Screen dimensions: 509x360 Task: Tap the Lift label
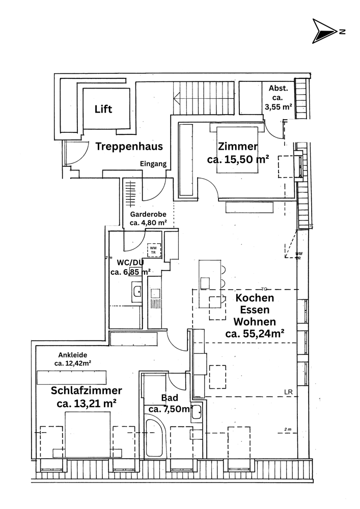coord(103,109)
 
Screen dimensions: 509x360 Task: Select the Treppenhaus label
coord(129,147)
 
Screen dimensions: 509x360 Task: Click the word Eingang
coord(153,164)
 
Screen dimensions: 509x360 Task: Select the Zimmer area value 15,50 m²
coord(238,159)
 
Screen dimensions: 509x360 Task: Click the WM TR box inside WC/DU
coord(153,250)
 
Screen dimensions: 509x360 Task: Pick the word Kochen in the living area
coord(254,298)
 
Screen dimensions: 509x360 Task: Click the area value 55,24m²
coord(254,334)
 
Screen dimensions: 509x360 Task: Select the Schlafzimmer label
coord(86,390)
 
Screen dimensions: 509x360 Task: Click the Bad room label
coord(169,398)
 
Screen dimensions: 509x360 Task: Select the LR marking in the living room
coord(289,392)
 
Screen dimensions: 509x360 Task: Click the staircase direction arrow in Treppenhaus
coord(178,97)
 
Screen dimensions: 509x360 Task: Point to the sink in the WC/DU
coord(136,292)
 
